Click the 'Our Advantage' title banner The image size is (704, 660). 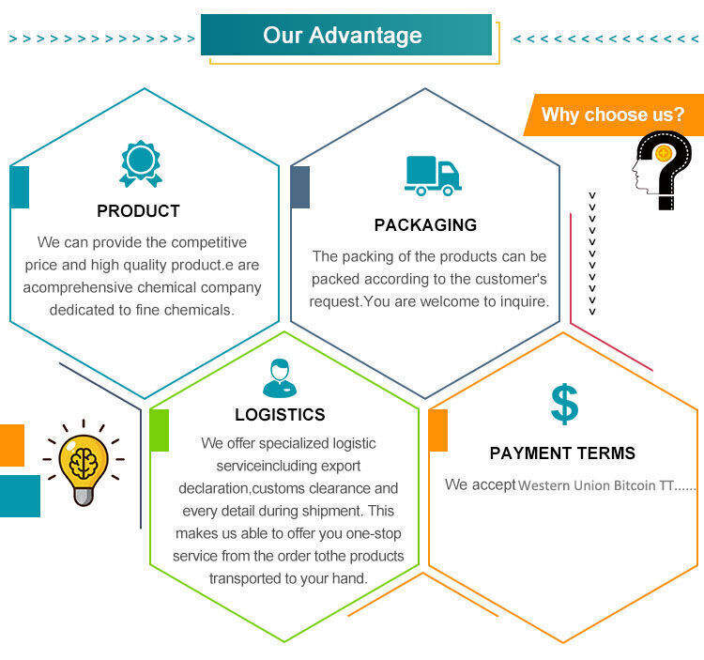(346, 35)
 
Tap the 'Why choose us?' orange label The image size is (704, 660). (613, 115)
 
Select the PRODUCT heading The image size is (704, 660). (138, 211)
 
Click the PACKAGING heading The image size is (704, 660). (425, 225)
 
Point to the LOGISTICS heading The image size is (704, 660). (280, 414)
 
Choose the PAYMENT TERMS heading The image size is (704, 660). (562, 453)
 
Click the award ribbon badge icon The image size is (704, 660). (141, 164)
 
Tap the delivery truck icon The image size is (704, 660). (433, 176)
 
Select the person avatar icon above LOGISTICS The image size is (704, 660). (280, 378)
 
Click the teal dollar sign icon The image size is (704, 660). (564, 404)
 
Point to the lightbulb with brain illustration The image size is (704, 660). (84, 464)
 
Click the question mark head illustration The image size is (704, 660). (662, 170)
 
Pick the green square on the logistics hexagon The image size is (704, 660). (160, 430)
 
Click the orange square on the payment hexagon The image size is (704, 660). (438, 430)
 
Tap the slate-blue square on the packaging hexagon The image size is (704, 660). (300, 187)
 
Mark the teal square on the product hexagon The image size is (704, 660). (20, 187)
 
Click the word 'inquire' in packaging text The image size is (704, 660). (525, 301)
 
